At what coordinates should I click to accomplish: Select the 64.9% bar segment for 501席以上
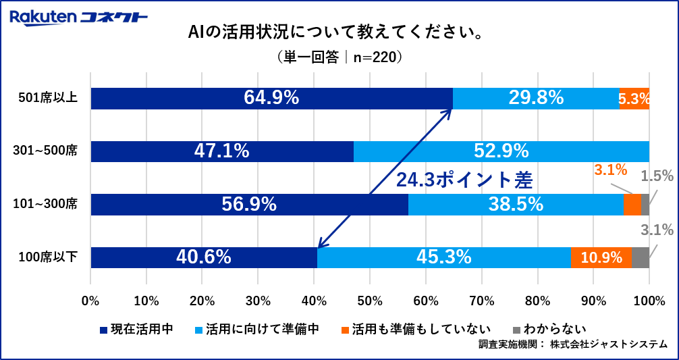click(271, 98)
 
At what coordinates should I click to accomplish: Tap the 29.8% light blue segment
click(536, 98)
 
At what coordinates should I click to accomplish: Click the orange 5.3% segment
click(634, 99)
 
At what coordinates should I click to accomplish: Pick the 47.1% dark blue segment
click(222, 151)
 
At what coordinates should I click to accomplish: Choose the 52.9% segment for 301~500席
click(501, 151)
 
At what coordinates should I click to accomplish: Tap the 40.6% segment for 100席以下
click(204, 257)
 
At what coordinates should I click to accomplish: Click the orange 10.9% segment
click(601, 257)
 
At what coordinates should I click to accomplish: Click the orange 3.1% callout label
click(611, 170)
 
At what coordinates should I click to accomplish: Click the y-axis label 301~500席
click(46, 151)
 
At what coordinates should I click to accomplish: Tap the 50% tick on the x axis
click(370, 300)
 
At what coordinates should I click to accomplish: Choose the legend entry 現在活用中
click(136, 330)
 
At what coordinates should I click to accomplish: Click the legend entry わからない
click(546, 330)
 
